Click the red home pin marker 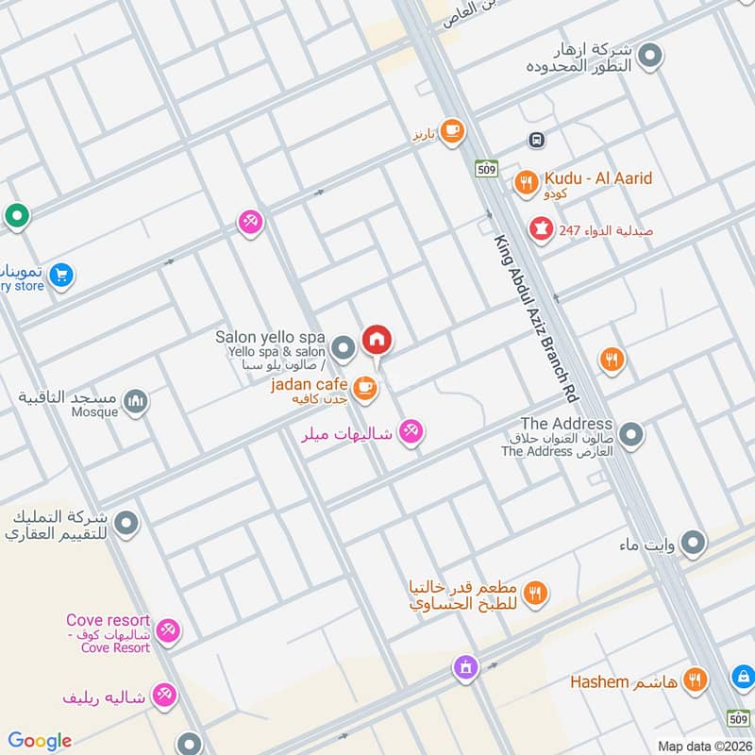(x=377, y=339)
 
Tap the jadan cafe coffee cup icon (x=365, y=385)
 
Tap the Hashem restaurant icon (x=696, y=679)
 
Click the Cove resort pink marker (x=168, y=630)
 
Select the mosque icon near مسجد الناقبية (x=136, y=402)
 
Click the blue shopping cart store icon (x=61, y=276)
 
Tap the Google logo (x=40, y=741)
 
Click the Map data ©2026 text (x=703, y=746)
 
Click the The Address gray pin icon (x=631, y=435)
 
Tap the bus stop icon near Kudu (x=536, y=140)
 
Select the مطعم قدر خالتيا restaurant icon (x=535, y=594)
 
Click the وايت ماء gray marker (x=694, y=543)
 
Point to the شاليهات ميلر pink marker (x=411, y=433)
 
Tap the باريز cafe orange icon (x=452, y=131)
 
